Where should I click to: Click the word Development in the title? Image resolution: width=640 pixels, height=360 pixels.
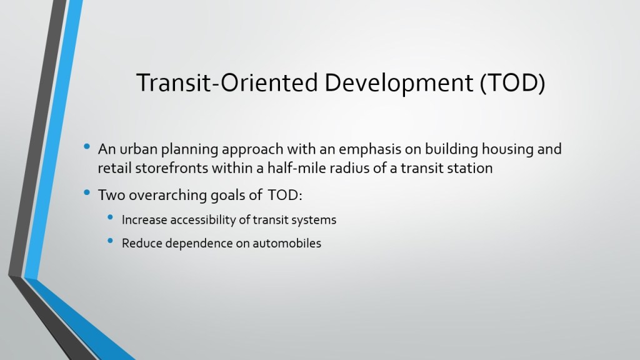[x=399, y=83]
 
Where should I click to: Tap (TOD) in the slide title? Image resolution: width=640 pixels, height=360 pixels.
[x=512, y=83]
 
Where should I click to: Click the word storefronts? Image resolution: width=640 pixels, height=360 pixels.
[x=171, y=168]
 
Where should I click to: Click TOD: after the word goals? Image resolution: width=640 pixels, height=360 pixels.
[x=285, y=195]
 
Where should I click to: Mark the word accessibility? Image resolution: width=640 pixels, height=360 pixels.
[x=203, y=220]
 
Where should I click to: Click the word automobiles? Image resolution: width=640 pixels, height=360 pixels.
[x=287, y=243]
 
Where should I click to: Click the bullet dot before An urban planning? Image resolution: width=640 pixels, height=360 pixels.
[x=86, y=146]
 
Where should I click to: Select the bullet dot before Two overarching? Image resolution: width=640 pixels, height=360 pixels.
[x=86, y=192]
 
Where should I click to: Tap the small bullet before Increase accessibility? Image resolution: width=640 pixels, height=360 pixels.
[x=110, y=217]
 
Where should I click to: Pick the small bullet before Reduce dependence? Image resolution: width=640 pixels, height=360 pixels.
[x=110, y=241]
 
